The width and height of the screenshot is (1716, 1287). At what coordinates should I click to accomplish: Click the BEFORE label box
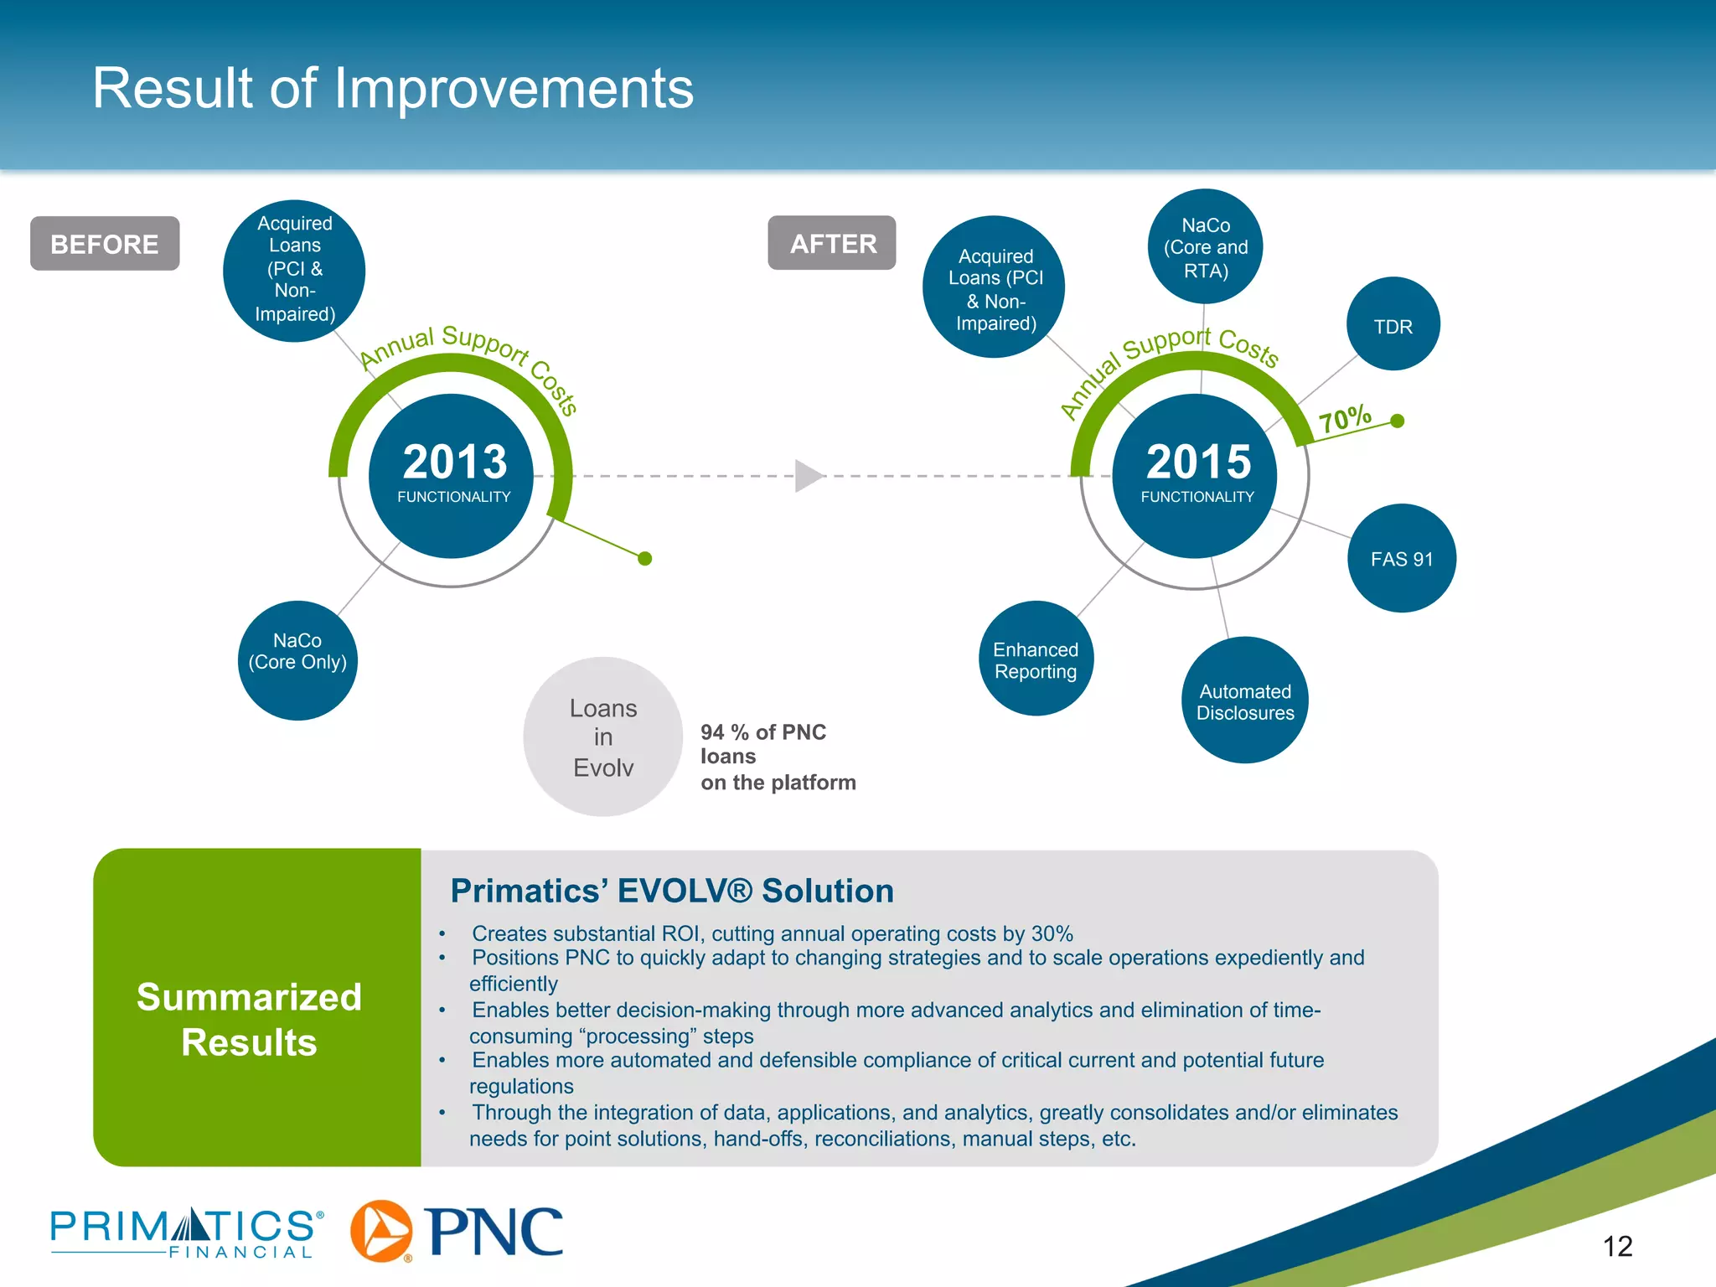tap(105, 244)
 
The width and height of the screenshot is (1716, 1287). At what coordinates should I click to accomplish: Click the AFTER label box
tap(832, 243)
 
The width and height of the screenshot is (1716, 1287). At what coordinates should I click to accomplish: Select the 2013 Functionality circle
tap(452, 475)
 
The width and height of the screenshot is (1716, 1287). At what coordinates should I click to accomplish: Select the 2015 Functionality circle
tap(1197, 475)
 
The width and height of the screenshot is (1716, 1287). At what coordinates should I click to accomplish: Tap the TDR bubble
tap(1393, 325)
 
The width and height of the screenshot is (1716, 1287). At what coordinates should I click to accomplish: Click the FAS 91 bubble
tap(1401, 558)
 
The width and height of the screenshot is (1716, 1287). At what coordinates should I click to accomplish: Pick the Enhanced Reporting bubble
tap(1036, 659)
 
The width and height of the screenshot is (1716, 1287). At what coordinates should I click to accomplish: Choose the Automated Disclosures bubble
tap(1245, 701)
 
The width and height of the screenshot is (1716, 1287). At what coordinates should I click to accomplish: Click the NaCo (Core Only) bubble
tap(297, 659)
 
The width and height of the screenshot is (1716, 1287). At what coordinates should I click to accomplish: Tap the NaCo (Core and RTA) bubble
tap(1205, 247)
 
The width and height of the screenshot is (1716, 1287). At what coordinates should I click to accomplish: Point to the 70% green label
tap(1345, 418)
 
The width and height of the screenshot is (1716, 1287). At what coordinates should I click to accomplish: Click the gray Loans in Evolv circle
tap(603, 737)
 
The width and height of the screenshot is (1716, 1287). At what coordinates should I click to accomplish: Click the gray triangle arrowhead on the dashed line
tap(807, 476)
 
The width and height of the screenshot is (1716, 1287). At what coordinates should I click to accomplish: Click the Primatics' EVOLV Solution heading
tap(672, 891)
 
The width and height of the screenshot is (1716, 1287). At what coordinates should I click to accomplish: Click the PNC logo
tap(457, 1231)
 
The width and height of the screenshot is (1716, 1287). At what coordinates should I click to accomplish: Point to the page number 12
tap(1617, 1246)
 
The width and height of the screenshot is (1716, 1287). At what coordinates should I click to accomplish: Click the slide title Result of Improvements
tap(393, 88)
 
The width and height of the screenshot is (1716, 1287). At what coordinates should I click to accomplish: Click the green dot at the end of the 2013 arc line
tap(644, 558)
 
